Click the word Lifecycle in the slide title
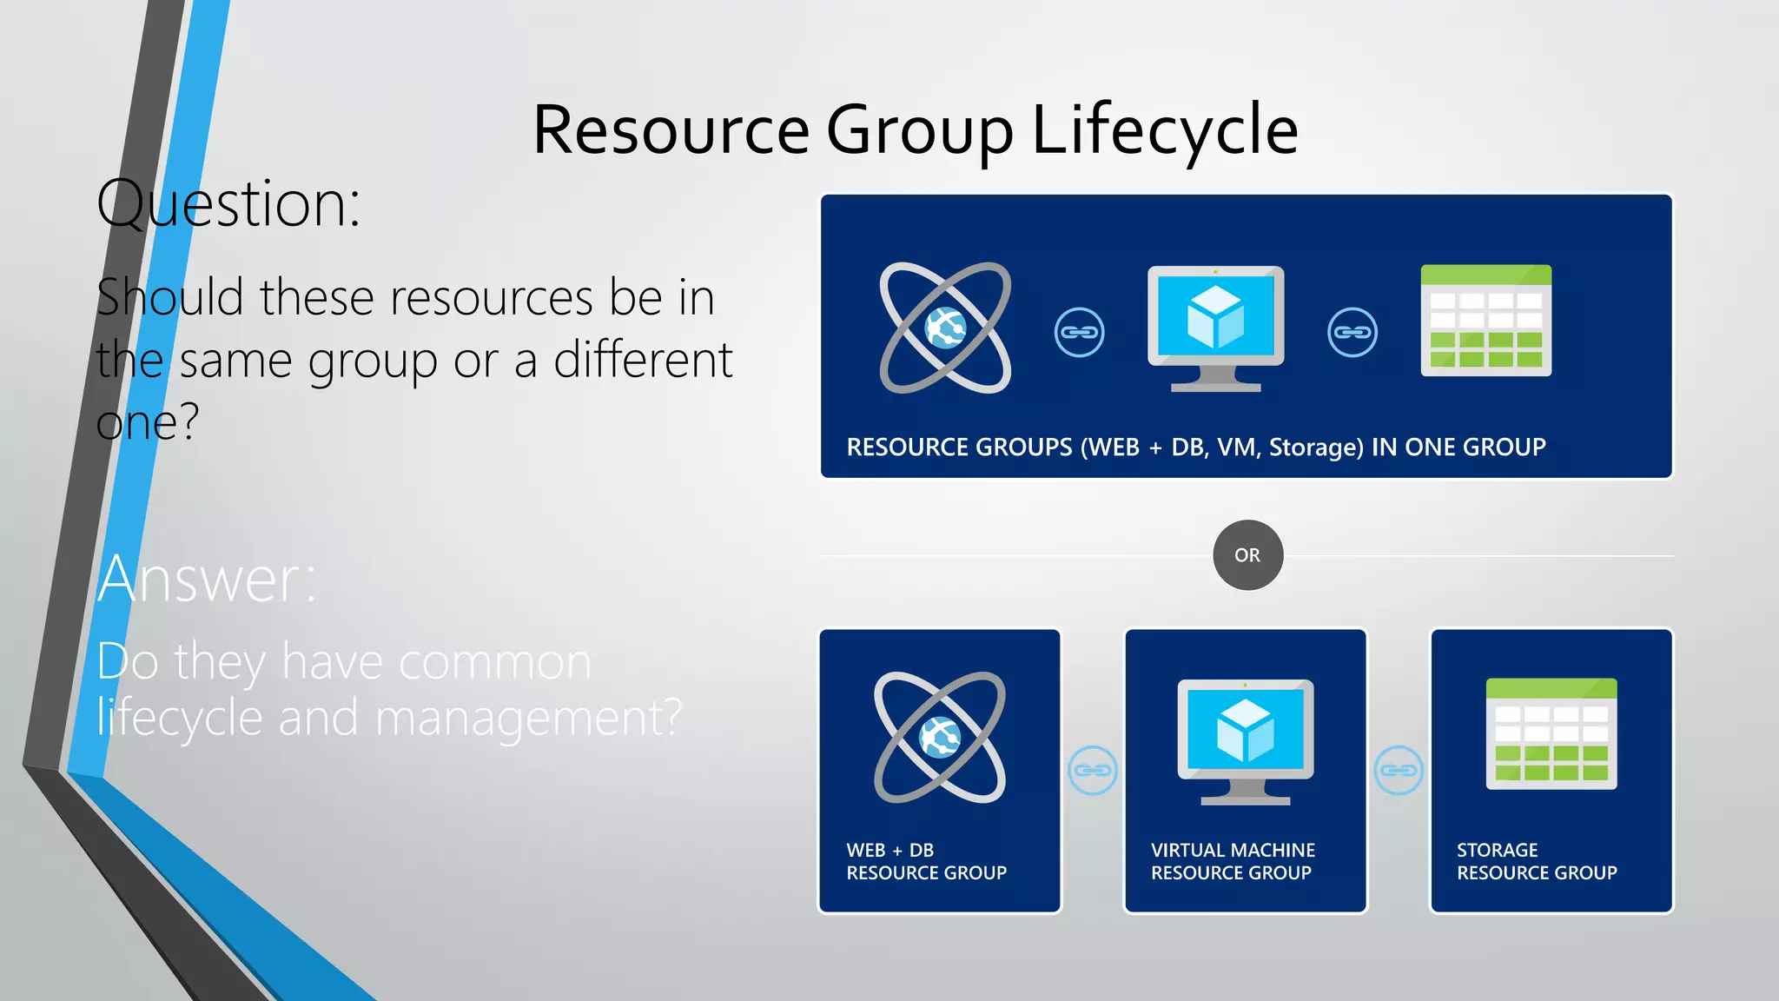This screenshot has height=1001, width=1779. tap(1164, 130)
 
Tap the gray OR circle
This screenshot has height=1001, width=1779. tap(1247, 555)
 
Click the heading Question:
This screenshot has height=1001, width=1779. tap(228, 204)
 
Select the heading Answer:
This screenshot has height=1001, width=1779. tap(208, 580)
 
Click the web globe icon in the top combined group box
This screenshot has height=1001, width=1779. tap(945, 328)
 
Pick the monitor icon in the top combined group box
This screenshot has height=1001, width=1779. tap(1215, 328)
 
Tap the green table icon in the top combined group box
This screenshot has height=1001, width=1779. tap(1485, 321)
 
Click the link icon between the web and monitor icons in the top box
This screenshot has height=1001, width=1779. tap(1079, 332)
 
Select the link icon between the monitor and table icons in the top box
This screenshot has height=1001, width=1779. tap(1352, 332)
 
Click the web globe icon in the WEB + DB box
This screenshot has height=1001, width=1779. tap(940, 738)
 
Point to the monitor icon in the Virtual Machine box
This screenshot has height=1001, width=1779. tap(1245, 741)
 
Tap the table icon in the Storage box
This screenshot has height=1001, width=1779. tap(1551, 733)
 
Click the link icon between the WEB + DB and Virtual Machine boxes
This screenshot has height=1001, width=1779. tap(1092, 770)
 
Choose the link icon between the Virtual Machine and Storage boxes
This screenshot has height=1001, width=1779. tap(1399, 770)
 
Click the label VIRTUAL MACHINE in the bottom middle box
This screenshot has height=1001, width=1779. tap(1233, 850)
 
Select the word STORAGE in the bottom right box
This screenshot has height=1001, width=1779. tap(1497, 850)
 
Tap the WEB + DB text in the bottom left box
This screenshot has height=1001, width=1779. tap(889, 850)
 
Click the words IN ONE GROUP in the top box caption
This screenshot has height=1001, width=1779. tap(1458, 447)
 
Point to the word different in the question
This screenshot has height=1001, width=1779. tap(643, 360)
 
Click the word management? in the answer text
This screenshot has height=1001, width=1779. tap(528, 719)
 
